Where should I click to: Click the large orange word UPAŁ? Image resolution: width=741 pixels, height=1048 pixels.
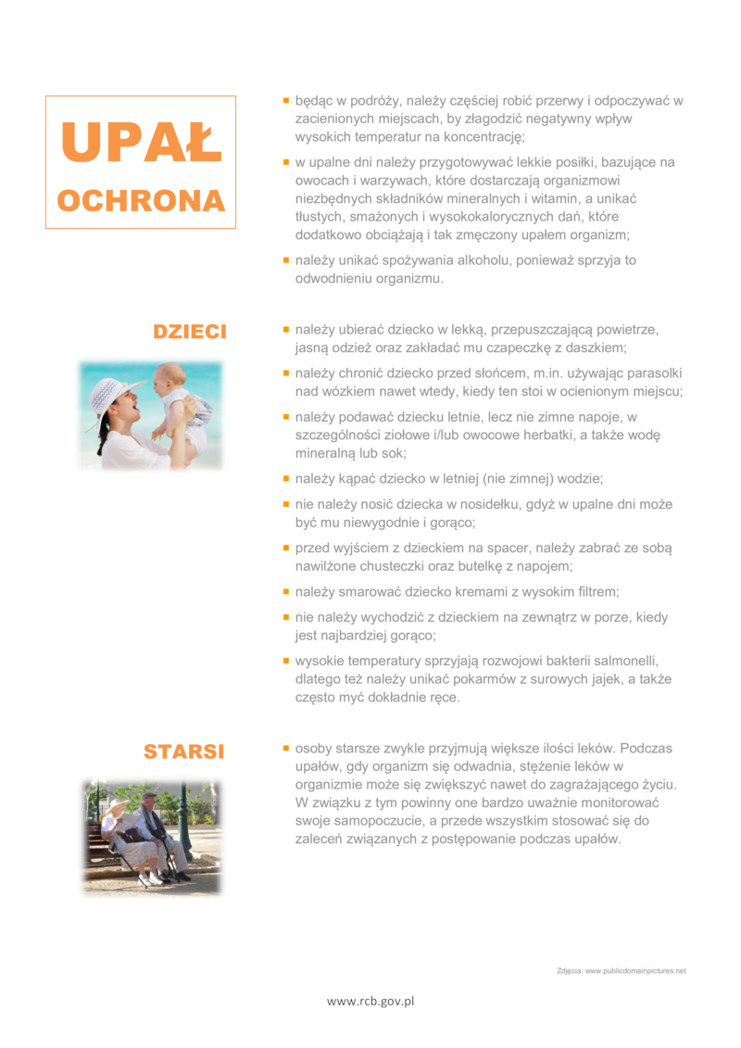(x=141, y=141)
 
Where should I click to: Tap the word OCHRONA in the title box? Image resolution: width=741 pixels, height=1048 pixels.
(x=141, y=201)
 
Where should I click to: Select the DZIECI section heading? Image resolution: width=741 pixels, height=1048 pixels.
(x=190, y=332)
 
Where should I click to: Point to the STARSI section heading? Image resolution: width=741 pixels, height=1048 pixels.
(x=183, y=751)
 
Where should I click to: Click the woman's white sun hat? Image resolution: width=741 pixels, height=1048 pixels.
(x=115, y=393)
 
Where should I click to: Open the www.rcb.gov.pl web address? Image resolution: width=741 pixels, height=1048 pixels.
(x=370, y=1001)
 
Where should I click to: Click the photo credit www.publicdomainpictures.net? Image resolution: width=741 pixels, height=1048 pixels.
(x=635, y=970)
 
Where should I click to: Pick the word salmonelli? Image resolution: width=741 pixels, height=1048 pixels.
(x=619, y=660)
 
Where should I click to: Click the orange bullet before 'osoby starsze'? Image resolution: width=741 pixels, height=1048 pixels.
(x=286, y=747)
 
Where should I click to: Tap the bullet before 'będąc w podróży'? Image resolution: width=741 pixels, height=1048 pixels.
(x=286, y=100)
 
